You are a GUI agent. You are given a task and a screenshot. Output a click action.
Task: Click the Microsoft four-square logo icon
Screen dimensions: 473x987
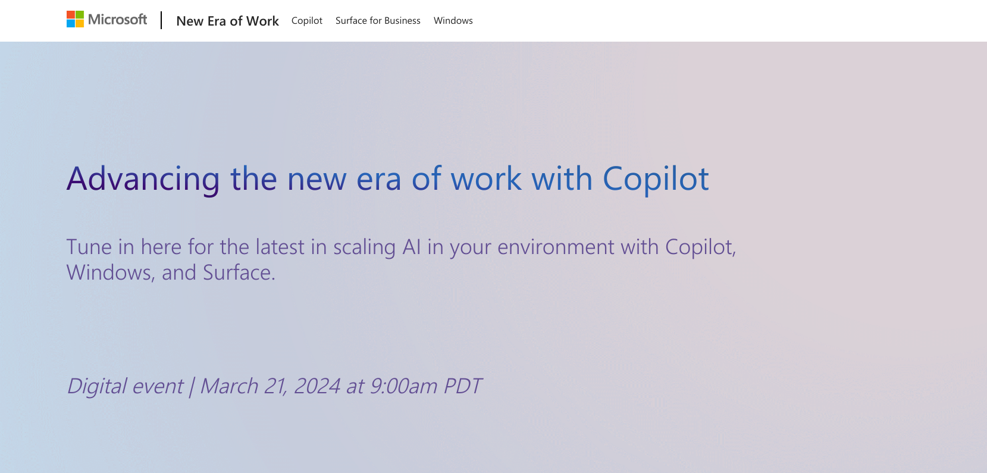click(x=75, y=19)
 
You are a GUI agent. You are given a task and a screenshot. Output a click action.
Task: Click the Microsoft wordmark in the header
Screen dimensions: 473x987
click(x=117, y=20)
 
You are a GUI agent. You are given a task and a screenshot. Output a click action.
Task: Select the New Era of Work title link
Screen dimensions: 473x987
click(x=227, y=21)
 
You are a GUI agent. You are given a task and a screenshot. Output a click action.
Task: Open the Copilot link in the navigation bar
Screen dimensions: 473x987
click(x=307, y=21)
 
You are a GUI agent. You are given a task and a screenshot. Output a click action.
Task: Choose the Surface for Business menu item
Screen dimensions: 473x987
click(x=378, y=21)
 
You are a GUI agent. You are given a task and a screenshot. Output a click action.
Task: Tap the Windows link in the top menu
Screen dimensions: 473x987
click(x=453, y=21)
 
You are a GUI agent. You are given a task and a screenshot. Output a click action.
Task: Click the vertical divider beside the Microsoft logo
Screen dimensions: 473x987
click(x=161, y=20)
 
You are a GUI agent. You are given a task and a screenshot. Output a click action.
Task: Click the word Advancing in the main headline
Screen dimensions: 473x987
click(x=143, y=179)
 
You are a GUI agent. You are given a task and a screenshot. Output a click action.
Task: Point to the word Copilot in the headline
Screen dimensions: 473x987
click(x=656, y=179)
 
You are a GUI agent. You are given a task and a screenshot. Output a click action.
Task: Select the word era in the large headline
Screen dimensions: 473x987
click(x=379, y=179)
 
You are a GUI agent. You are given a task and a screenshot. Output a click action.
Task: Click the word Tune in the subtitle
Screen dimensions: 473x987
click(x=89, y=247)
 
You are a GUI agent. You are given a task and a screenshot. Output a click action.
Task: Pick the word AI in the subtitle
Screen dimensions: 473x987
click(x=412, y=247)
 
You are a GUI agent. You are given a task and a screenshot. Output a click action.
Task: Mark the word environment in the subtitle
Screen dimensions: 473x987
click(x=556, y=247)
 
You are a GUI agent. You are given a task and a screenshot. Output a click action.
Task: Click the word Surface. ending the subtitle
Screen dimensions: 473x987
click(x=239, y=272)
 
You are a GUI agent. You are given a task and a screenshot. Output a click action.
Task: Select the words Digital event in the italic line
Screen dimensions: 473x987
click(x=126, y=387)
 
